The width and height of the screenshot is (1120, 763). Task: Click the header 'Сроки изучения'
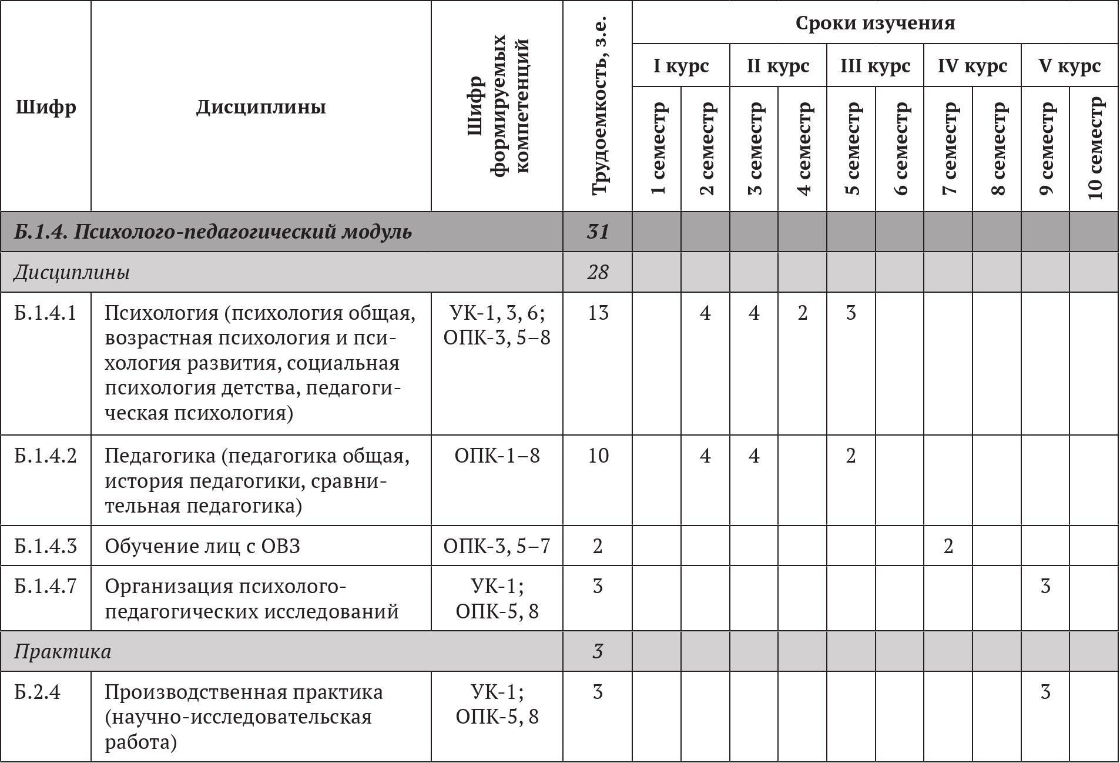(x=875, y=23)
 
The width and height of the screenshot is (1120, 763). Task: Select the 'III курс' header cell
(x=875, y=66)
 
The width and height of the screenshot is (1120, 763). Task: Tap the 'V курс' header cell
(x=1069, y=66)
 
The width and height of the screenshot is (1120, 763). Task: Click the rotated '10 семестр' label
(x=1095, y=148)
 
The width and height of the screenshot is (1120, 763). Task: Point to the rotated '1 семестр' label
(x=658, y=148)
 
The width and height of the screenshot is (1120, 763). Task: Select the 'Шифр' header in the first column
(x=46, y=108)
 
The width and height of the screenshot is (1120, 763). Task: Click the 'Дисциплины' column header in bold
(x=261, y=108)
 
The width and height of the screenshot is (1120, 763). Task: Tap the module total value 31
(x=598, y=232)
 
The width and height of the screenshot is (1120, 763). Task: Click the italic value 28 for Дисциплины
(x=598, y=273)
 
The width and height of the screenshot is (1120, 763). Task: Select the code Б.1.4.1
(x=46, y=313)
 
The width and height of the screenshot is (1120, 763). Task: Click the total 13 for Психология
(x=598, y=313)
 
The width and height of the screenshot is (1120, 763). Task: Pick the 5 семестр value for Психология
(x=851, y=313)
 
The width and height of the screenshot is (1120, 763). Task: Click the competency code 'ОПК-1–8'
(x=497, y=456)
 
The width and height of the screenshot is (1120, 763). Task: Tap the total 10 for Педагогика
(x=598, y=456)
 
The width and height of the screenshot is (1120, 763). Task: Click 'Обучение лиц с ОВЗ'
(x=203, y=547)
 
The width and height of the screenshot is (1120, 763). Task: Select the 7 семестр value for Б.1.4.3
(x=948, y=547)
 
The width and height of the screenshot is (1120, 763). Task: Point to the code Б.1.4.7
(x=46, y=587)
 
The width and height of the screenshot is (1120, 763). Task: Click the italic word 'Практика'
(x=62, y=652)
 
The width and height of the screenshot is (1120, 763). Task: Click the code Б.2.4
(x=38, y=692)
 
